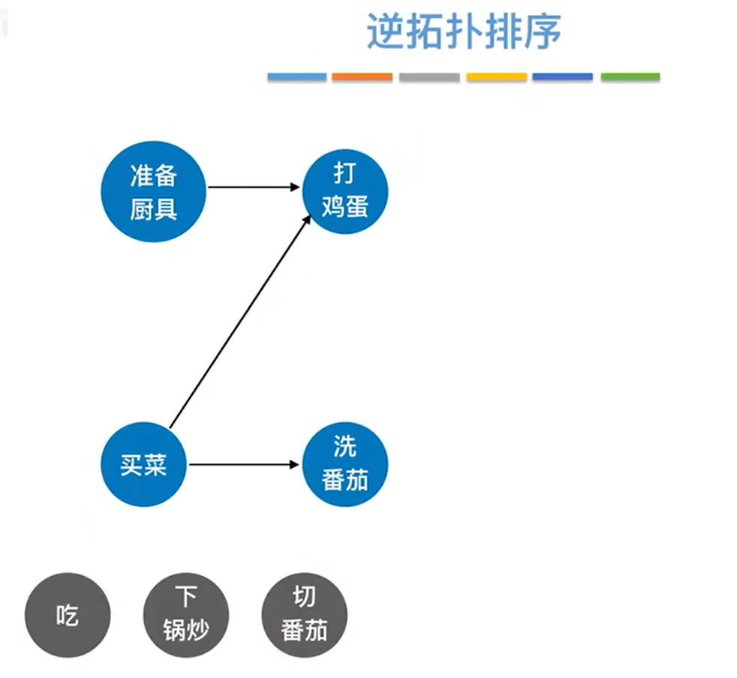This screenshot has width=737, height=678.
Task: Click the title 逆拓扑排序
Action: pos(464,31)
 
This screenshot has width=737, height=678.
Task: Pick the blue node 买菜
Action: pos(143,464)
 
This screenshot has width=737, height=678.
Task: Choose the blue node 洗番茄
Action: pos(345,464)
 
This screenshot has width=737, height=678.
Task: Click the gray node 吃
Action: pos(67,616)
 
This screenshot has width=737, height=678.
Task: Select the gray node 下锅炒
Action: pos(185,616)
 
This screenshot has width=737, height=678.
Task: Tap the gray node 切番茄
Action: pos(304,616)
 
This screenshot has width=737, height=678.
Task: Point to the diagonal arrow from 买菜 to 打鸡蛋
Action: pos(239,322)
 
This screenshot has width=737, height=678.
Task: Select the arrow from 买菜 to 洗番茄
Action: pos(244,464)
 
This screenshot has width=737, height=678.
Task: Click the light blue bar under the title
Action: pos(297,76)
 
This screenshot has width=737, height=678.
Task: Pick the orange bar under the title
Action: pos(362,76)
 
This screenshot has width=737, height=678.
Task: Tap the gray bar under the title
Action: pos(429,76)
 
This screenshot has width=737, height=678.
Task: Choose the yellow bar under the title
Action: pos(496,76)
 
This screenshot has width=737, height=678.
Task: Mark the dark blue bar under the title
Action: pos(562,76)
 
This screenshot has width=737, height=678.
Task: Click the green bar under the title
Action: pos(630,76)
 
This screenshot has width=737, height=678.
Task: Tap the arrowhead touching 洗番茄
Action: pos(295,464)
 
